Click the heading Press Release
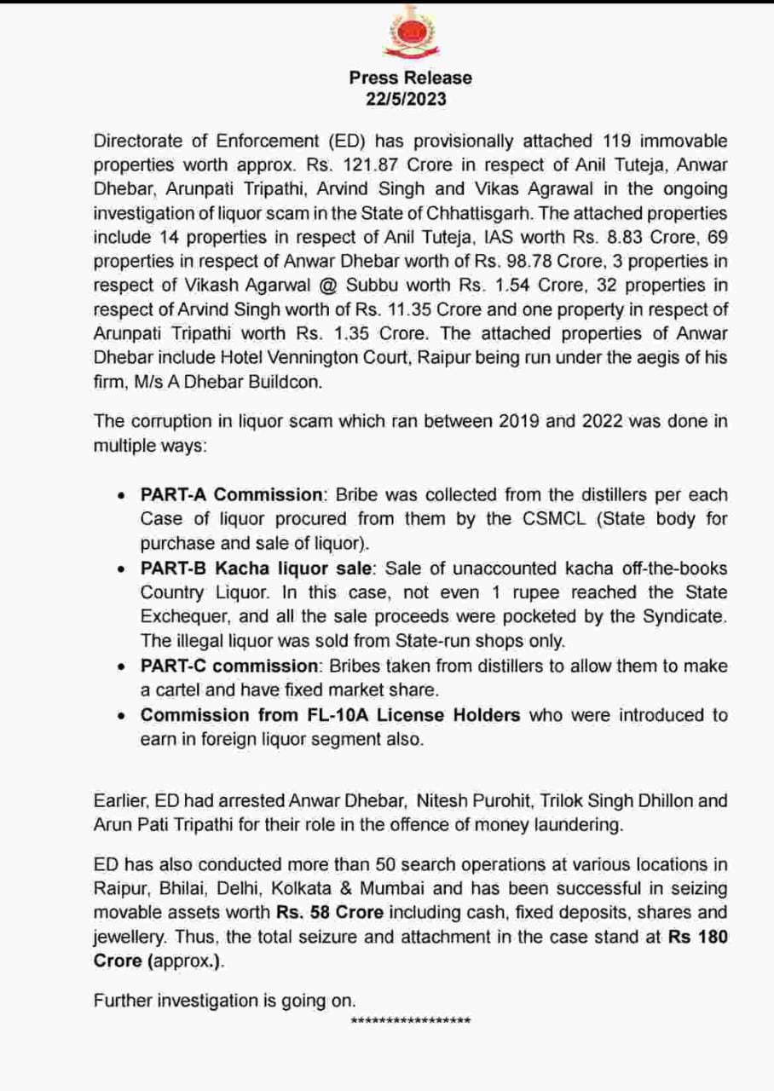[410, 78]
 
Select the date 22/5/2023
[407, 99]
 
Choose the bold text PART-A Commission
[232, 495]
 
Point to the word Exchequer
[182, 615]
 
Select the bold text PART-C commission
[228, 666]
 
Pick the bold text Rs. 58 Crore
[332, 913]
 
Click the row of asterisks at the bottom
[410, 1021]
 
